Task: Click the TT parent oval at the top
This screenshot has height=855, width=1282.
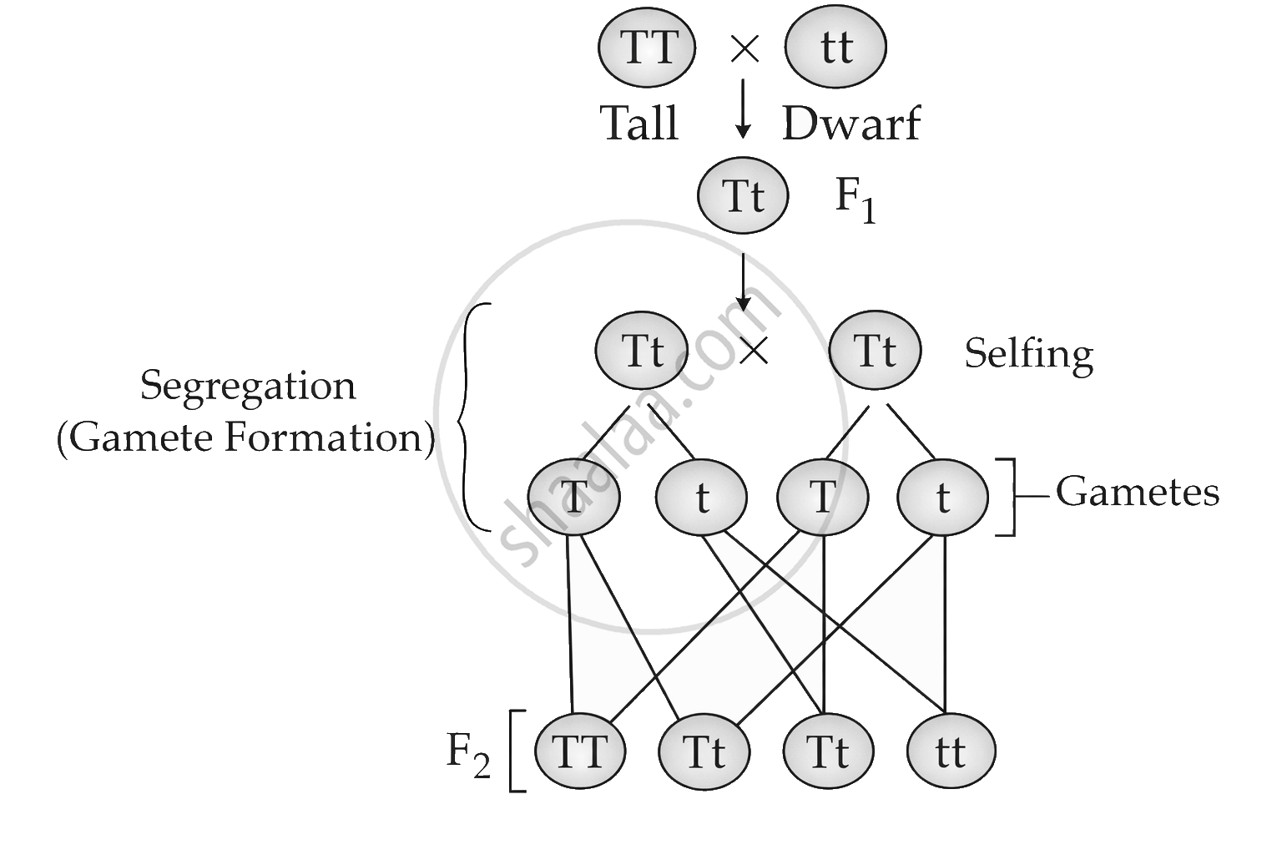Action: click(x=647, y=48)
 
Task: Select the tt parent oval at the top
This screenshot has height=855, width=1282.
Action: click(x=835, y=48)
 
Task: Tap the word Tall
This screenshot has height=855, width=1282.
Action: click(x=639, y=124)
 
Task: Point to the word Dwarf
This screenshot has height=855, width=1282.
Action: click(x=850, y=124)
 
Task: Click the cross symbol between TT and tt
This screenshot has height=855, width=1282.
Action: click(x=744, y=49)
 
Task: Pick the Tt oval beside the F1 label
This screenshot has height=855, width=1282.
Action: click(x=743, y=196)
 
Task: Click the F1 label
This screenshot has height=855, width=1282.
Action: click(x=856, y=201)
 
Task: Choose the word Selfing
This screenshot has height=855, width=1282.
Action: click(x=1028, y=354)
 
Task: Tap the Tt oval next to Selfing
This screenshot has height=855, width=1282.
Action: click(x=875, y=351)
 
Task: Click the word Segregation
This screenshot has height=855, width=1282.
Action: click(x=248, y=387)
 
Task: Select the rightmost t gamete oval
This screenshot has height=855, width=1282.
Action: click(x=942, y=498)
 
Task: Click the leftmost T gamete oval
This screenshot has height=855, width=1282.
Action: click(x=574, y=498)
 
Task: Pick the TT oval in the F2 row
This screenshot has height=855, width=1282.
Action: click(x=579, y=751)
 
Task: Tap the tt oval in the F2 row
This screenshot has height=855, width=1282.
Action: click(x=951, y=751)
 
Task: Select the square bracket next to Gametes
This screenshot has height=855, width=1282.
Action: click(x=1007, y=496)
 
